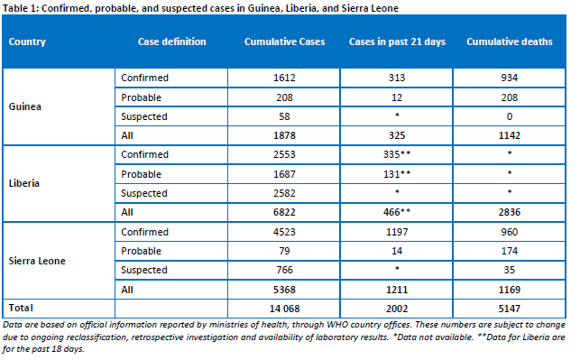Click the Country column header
click(x=27, y=42)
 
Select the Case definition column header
click(x=172, y=42)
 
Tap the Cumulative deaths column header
click(x=510, y=42)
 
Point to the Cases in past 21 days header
click(x=397, y=42)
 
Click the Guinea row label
click(x=24, y=106)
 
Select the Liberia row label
click(x=23, y=183)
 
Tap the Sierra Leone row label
click(x=37, y=261)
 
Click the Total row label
click(x=21, y=308)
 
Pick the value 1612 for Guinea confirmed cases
click(x=284, y=78)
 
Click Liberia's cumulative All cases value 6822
click(x=284, y=212)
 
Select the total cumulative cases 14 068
click(x=284, y=309)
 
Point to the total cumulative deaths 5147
click(x=510, y=309)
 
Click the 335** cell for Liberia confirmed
click(x=397, y=154)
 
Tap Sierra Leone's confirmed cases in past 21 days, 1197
click(x=397, y=232)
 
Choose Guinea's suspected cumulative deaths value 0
click(x=510, y=116)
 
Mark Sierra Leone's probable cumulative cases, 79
click(x=284, y=251)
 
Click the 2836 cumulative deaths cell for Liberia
click(x=510, y=212)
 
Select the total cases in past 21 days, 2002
click(x=397, y=309)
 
